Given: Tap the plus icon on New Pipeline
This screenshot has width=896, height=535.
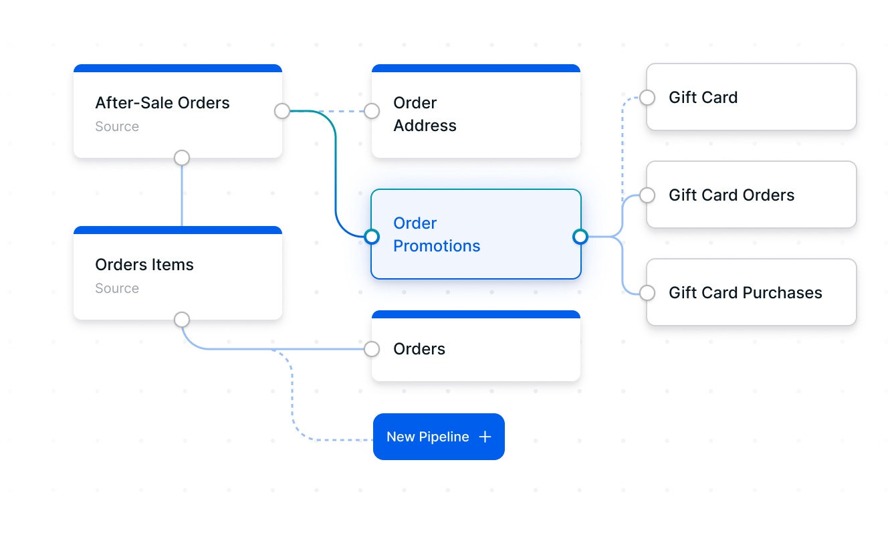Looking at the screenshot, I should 485,437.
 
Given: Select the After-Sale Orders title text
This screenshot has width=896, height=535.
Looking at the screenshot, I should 162,103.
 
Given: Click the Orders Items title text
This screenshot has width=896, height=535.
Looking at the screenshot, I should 144,265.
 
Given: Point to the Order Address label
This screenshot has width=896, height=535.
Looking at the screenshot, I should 425,114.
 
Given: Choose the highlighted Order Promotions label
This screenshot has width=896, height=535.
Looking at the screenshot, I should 437,235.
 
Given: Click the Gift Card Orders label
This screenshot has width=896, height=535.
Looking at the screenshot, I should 732,195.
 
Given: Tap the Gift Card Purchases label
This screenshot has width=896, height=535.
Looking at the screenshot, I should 745,293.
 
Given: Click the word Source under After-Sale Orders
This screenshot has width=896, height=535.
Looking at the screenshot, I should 117,127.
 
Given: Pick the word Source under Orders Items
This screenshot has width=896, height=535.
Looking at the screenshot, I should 117,289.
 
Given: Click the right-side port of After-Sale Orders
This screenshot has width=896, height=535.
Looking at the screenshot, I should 282,111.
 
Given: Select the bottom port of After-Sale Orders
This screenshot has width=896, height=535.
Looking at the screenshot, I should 182,158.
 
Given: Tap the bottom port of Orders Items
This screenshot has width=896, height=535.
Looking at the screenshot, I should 182,320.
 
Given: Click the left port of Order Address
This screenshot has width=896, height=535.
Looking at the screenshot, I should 372,111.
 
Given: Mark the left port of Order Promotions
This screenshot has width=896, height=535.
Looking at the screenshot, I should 372,236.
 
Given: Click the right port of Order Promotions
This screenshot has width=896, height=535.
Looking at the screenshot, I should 580,236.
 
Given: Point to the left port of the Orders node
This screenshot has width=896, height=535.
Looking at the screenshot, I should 372,349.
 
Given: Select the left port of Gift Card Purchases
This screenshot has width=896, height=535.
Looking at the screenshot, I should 647,293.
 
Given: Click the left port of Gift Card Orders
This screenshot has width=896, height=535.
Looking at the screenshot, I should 647,195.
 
